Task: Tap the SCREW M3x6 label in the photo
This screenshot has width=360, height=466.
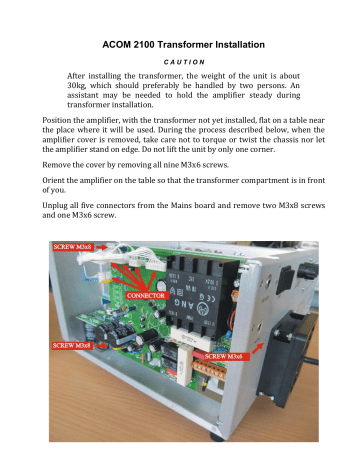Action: point(232,355)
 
